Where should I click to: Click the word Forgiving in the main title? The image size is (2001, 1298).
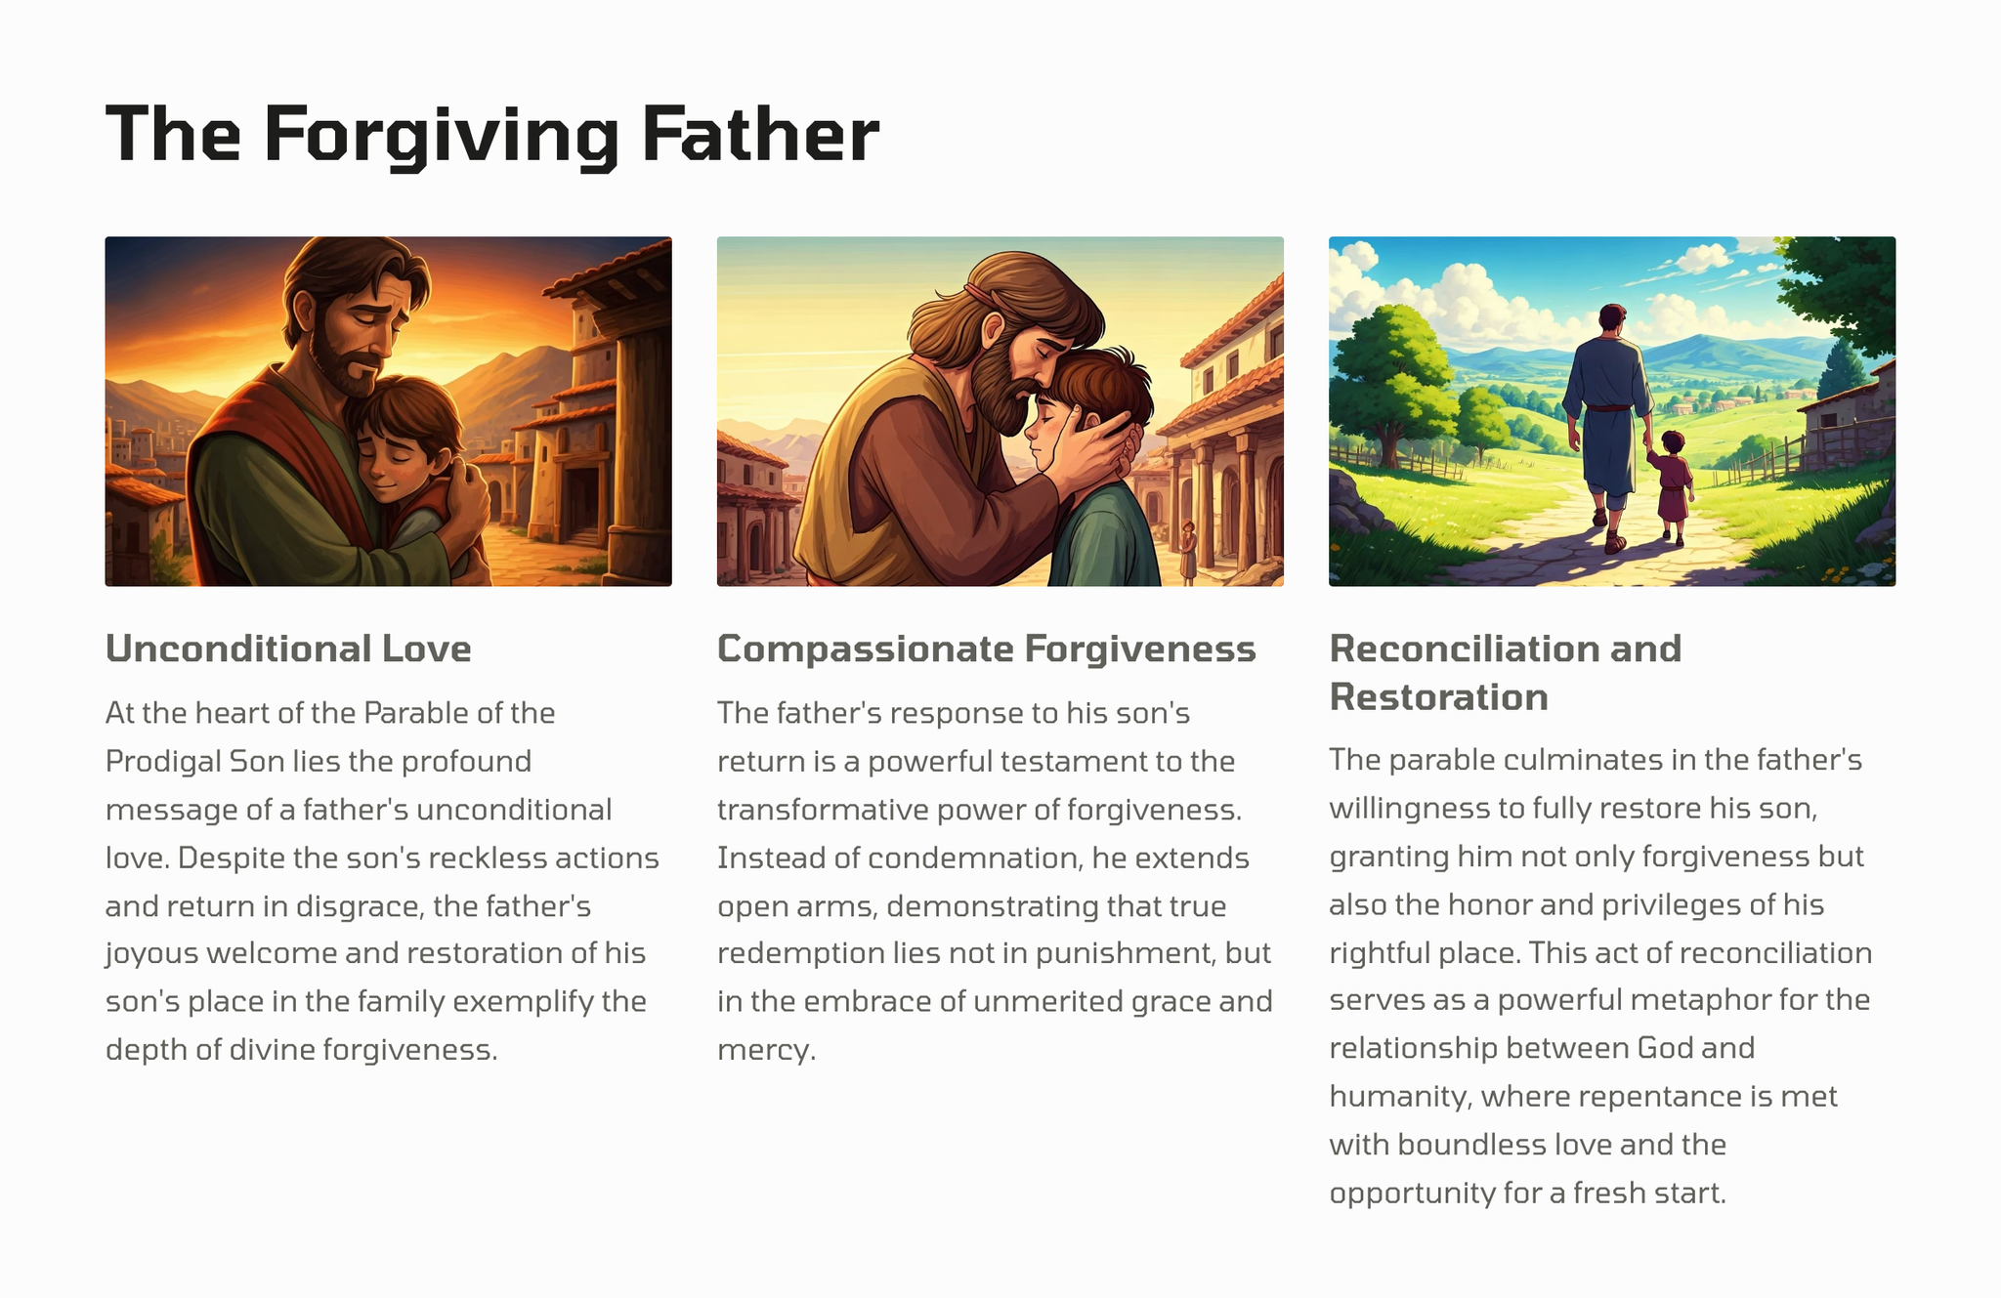click(441, 136)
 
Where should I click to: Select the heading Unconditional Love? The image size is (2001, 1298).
click(288, 649)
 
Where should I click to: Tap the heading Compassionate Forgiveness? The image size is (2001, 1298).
click(987, 649)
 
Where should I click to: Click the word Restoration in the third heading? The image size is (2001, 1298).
click(1439, 696)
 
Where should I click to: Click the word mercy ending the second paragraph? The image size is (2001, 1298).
click(766, 1051)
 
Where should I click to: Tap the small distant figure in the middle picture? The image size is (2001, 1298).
click(1188, 552)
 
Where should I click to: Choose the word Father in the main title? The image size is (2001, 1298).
click(760, 135)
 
